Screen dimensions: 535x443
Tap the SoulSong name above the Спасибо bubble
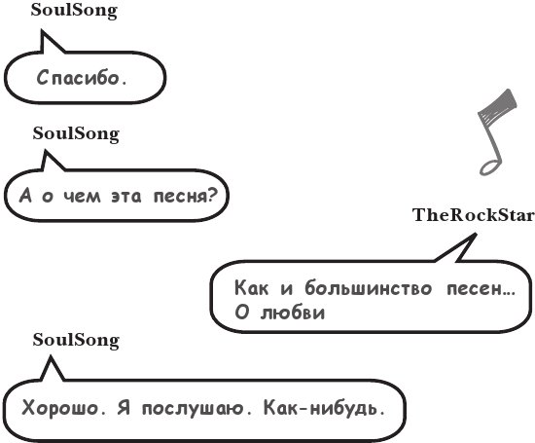(x=74, y=11)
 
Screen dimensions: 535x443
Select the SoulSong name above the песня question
(x=76, y=134)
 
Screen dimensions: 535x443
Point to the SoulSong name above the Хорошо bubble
(x=76, y=341)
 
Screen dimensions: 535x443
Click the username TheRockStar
(x=473, y=215)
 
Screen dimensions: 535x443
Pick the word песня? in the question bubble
(x=185, y=196)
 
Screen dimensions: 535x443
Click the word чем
(x=83, y=197)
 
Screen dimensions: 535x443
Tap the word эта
(x=126, y=197)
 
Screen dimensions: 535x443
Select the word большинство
(x=369, y=287)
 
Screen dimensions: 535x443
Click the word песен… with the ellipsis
(x=481, y=288)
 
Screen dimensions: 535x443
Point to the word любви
(x=293, y=312)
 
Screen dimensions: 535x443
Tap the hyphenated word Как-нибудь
(x=325, y=407)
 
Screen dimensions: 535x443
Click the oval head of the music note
(x=490, y=167)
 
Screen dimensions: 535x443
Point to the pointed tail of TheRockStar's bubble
(x=476, y=234)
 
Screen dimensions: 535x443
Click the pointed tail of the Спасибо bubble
(x=42, y=31)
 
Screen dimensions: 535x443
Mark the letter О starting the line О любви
(x=241, y=313)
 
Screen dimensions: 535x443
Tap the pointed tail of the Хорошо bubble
(x=51, y=356)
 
